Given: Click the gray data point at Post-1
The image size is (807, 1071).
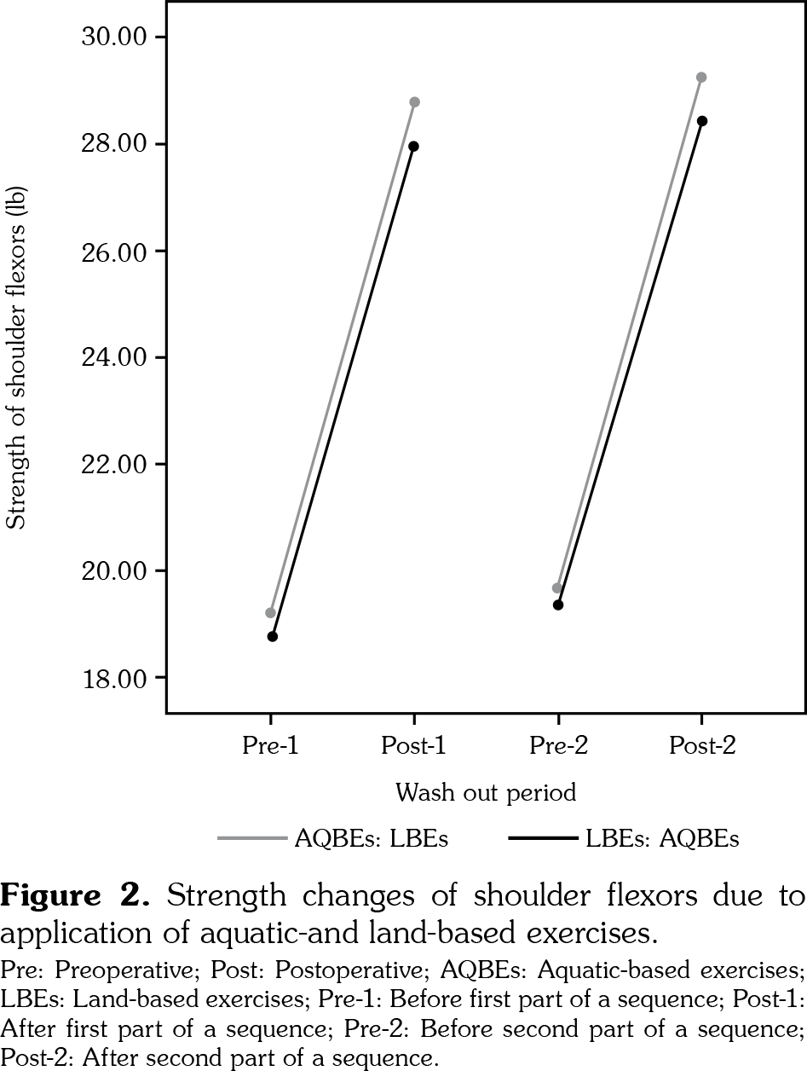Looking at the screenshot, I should tap(414, 102).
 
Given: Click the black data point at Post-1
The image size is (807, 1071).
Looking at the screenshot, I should tap(414, 146).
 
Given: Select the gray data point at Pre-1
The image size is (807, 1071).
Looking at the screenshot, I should tap(271, 613).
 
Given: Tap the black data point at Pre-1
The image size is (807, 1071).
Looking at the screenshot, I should tap(273, 636).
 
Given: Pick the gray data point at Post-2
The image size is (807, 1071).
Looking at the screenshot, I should tap(701, 78).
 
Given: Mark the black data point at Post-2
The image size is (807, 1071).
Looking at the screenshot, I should tap(702, 121).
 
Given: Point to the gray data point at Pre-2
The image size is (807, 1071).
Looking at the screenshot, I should tap(557, 588).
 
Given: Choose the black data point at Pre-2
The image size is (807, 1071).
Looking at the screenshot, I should tap(558, 605).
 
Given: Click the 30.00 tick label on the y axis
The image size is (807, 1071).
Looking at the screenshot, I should tap(115, 38).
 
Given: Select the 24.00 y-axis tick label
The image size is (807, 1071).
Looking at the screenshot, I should tap(115, 357).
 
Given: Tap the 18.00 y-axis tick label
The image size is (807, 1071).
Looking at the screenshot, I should tap(115, 679).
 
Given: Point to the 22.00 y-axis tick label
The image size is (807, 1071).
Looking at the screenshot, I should tap(115, 465).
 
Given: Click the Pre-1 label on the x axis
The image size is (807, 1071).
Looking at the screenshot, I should tap(270, 746).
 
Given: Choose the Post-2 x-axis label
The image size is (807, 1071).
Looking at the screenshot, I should tap(702, 746).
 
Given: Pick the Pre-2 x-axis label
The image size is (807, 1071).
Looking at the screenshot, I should tap(558, 746).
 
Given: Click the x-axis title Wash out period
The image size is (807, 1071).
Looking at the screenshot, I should tap(486, 793).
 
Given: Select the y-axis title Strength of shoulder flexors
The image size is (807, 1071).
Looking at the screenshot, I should tap(17, 358).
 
